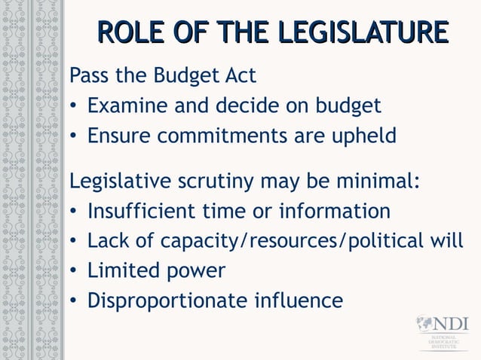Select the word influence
pos(299,300)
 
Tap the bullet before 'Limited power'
pos(74,271)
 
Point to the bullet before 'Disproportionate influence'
pos(74,301)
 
